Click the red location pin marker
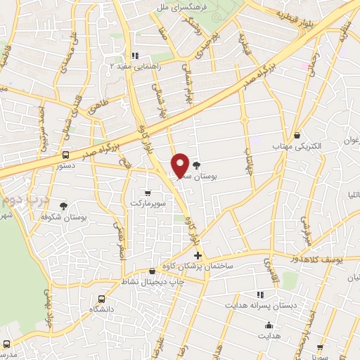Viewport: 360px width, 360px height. tap(180, 165)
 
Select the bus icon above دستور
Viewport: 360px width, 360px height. tap(65, 154)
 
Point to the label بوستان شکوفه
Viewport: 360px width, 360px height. tap(64, 218)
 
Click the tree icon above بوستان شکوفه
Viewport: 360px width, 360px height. tap(64, 206)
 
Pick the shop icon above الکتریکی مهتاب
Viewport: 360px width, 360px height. tap(298, 134)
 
